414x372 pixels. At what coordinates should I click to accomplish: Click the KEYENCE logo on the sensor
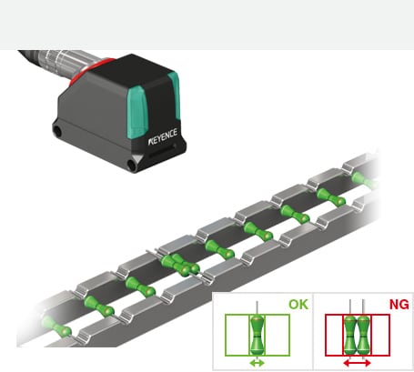163,137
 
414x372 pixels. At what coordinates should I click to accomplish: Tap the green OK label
298,305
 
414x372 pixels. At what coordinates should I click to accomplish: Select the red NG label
399,305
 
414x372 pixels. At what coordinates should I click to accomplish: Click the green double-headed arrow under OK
257,363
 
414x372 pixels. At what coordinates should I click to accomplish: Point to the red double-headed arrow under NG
357,363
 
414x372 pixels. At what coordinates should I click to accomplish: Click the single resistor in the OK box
257,335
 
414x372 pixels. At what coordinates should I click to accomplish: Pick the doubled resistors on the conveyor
180,265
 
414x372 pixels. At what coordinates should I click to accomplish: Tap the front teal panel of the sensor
137,113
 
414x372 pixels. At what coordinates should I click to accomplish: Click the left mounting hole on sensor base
57,131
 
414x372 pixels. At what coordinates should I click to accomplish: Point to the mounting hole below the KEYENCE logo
132,165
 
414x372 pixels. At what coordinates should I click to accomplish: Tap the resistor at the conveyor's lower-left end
56,327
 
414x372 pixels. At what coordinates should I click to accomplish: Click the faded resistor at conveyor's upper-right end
365,180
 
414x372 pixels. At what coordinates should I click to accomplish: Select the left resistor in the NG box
350,335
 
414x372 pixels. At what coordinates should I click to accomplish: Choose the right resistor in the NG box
364,335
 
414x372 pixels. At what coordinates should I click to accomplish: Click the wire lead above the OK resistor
257,307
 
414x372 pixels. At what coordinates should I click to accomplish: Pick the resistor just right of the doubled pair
219,249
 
